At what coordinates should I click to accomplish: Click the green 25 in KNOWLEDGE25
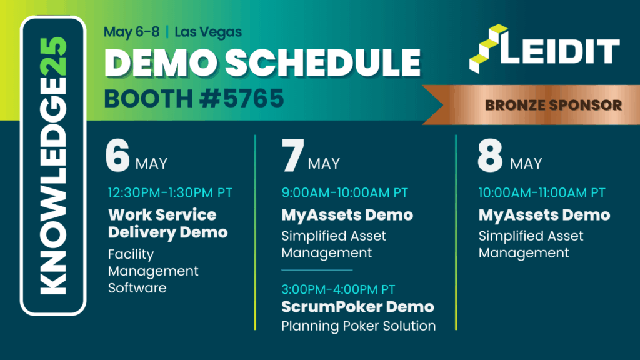[x=54, y=56]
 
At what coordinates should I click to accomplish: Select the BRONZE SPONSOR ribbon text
[x=553, y=105]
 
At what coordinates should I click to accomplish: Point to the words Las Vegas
[x=208, y=32]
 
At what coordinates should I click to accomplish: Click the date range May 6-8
[x=131, y=32]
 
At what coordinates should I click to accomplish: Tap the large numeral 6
[x=117, y=156]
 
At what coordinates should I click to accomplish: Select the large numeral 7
[x=292, y=156]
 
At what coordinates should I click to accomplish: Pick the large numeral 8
[x=490, y=156]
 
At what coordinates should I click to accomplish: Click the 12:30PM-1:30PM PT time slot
[x=170, y=192]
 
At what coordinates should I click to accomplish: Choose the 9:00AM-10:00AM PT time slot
[x=344, y=192]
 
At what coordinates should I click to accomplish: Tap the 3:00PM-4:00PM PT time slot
[x=338, y=289]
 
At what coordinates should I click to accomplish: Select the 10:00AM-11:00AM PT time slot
[x=542, y=192]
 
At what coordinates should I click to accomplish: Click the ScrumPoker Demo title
[x=357, y=307]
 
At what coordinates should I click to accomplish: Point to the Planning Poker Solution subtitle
[x=358, y=326]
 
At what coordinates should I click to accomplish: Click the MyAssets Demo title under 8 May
[x=544, y=215]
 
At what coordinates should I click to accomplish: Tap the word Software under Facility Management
[x=137, y=288]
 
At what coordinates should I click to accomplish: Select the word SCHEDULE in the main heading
[x=322, y=63]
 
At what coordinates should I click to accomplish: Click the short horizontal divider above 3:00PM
[x=317, y=270]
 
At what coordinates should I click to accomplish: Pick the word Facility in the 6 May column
[x=131, y=255]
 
